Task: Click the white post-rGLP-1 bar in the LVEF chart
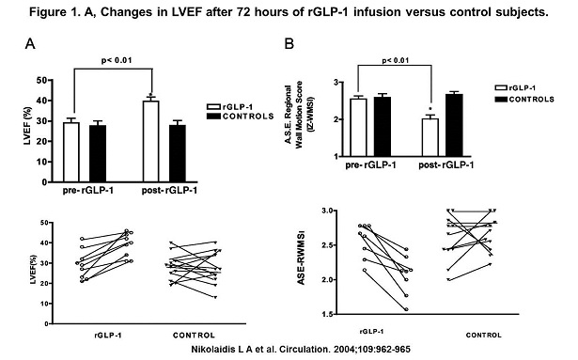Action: [x=151, y=141]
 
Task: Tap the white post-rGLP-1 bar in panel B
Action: [x=430, y=137]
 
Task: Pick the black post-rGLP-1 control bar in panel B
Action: [x=454, y=125]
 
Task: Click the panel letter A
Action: [x=30, y=44]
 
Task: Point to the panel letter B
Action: [x=289, y=44]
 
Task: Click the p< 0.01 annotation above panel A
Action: [x=117, y=60]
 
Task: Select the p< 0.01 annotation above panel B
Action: [x=396, y=60]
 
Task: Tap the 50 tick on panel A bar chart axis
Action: [x=42, y=81]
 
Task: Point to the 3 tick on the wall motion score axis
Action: [x=336, y=83]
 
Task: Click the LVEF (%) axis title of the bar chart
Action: [x=27, y=126]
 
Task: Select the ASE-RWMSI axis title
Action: [x=301, y=258]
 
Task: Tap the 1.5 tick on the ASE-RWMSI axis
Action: [x=327, y=314]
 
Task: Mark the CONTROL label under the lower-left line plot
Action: [x=194, y=336]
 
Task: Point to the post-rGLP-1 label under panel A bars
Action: [x=169, y=191]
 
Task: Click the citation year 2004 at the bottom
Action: [x=343, y=349]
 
